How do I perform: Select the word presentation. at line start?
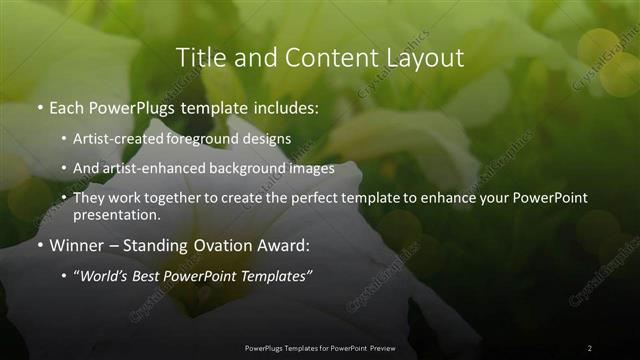tap(116, 214)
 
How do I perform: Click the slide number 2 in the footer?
tap(589, 347)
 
